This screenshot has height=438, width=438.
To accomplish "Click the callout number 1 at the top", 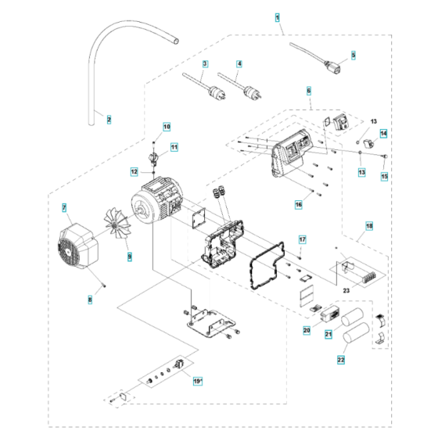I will click(x=278, y=16).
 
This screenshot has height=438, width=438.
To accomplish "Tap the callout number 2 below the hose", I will click(x=109, y=120).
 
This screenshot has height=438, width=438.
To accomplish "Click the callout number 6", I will click(x=308, y=91).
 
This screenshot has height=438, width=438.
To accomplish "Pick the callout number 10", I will click(x=166, y=126).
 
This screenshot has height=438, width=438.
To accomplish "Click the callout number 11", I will click(x=174, y=146).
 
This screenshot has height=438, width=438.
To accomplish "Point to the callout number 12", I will click(x=135, y=171).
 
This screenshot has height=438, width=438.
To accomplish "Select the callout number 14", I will click(x=383, y=134).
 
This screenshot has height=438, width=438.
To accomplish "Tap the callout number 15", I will click(x=383, y=177).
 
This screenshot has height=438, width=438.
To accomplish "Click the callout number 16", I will click(x=299, y=204).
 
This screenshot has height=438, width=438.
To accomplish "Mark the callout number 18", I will click(x=369, y=225).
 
